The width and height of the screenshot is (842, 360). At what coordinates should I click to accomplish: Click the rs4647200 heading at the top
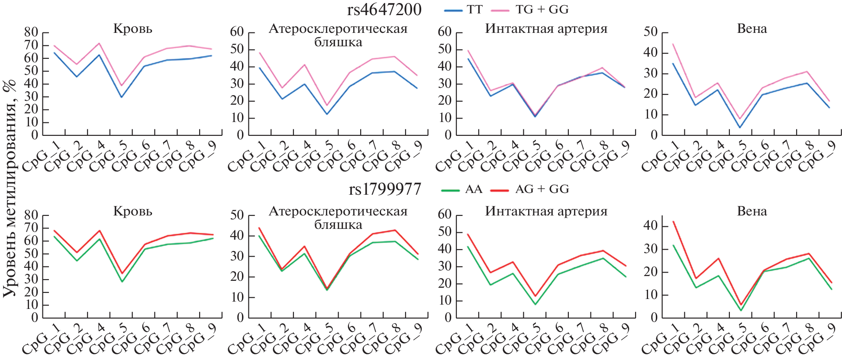(384, 10)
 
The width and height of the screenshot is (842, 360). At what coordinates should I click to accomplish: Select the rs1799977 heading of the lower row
(385, 189)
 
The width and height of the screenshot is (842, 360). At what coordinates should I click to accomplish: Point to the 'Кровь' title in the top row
(132, 29)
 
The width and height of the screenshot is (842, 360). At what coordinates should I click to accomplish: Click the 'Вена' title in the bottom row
(752, 211)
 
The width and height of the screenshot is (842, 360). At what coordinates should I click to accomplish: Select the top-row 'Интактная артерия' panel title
(546, 29)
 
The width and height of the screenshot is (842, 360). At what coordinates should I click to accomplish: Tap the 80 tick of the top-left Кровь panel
(31, 32)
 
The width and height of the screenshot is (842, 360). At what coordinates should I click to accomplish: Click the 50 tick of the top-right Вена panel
(650, 32)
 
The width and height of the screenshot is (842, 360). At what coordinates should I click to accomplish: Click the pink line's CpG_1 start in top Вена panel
(673, 44)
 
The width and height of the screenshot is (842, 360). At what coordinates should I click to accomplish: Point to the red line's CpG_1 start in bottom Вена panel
(673, 222)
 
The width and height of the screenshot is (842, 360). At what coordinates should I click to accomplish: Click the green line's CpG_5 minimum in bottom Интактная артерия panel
(535, 304)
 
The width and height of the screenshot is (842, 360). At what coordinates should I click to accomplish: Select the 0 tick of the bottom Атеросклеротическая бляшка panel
(238, 318)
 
